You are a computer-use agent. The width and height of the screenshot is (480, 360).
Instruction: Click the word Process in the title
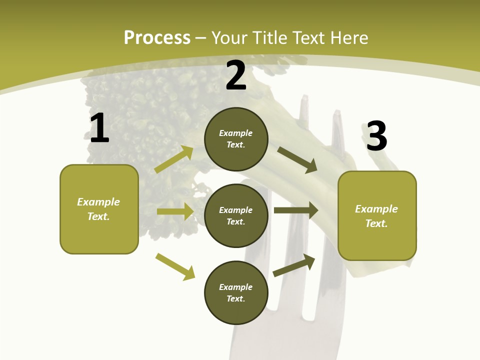[x=157, y=37]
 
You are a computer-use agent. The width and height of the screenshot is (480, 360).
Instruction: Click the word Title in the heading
[x=271, y=37]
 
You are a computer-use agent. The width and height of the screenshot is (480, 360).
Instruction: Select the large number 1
[x=99, y=128]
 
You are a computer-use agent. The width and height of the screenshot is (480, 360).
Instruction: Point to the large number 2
[x=236, y=75]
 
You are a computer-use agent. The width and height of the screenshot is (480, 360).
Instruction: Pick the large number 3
[x=376, y=136]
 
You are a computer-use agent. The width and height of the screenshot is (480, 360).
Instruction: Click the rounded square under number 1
[x=99, y=209]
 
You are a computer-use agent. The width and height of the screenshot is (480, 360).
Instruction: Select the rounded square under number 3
[x=377, y=215]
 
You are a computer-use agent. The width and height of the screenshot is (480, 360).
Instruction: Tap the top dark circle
[x=236, y=139]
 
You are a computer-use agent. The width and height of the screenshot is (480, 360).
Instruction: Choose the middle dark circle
[x=236, y=215]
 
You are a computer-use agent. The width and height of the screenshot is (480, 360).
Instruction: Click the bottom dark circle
[x=236, y=292]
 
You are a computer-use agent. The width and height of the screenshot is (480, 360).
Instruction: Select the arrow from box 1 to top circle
[x=174, y=159]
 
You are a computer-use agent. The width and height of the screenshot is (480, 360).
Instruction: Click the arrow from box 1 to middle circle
[x=175, y=211]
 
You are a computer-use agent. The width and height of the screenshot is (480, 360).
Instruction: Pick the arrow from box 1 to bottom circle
[x=175, y=266]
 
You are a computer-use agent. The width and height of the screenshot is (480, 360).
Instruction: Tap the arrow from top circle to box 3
[x=297, y=159]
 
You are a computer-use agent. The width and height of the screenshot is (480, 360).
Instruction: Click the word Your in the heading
[x=229, y=37]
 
